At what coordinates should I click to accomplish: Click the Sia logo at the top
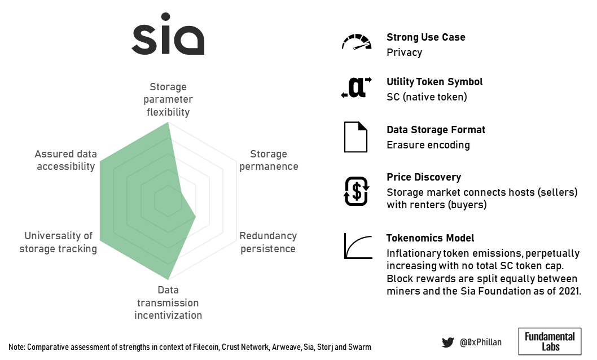168,34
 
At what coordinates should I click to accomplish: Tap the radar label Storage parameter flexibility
168,99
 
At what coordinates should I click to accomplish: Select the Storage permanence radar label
269,160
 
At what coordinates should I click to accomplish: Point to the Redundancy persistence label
268,242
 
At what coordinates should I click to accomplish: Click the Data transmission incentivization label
168,302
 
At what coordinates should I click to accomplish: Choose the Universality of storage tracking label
58,242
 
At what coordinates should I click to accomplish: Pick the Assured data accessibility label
65,160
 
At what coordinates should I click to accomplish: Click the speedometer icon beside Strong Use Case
357,42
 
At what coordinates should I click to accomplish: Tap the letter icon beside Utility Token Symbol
357,87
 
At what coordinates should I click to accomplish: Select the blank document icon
355,137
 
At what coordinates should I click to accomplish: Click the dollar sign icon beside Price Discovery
357,191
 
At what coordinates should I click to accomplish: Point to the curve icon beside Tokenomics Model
358,246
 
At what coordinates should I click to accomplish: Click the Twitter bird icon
448,343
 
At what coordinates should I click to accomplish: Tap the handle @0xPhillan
481,343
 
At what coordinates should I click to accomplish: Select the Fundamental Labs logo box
550,341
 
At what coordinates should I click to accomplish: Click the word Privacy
405,52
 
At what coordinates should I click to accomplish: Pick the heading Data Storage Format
436,130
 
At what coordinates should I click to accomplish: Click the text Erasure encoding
428,145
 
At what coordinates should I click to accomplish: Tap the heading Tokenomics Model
430,238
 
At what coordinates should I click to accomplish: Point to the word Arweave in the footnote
286,347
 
